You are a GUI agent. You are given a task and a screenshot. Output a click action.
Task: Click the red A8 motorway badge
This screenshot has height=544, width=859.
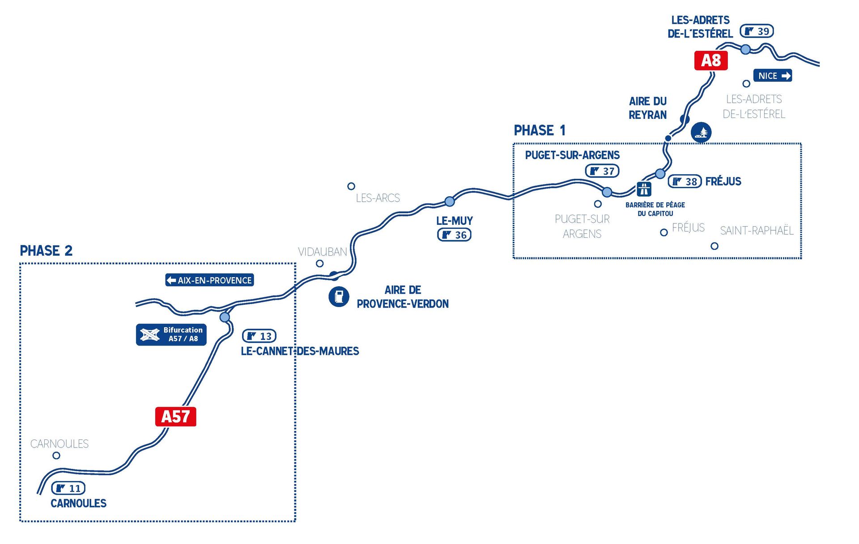pyautogui.click(x=711, y=61)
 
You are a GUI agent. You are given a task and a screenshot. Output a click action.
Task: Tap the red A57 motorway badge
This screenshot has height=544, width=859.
pyautogui.click(x=175, y=417)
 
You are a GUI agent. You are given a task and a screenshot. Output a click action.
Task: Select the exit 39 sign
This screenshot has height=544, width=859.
pyautogui.click(x=757, y=31)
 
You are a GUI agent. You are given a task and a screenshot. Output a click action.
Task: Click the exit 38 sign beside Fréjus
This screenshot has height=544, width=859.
pyautogui.click(x=685, y=181)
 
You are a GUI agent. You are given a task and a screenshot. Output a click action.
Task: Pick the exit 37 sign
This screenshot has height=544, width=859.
pyautogui.click(x=602, y=171)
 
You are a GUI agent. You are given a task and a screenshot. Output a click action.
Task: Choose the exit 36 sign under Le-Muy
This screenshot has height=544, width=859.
pyautogui.click(x=454, y=235)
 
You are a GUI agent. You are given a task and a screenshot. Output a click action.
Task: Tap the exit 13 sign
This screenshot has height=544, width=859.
pyautogui.click(x=259, y=336)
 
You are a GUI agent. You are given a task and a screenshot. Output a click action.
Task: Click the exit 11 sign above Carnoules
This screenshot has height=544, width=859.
pyautogui.click(x=68, y=488)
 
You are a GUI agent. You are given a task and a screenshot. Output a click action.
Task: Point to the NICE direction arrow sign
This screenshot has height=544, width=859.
pyautogui.click(x=773, y=76)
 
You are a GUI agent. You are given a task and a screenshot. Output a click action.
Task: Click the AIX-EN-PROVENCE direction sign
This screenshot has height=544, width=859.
pyautogui.click(x=209, y=280)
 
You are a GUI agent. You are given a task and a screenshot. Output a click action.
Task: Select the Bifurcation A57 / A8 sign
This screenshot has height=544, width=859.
pyautogui.click(x=171, y=334)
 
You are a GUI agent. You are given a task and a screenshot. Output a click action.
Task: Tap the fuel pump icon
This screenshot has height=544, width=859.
pyautogui.click(x=339, y=297)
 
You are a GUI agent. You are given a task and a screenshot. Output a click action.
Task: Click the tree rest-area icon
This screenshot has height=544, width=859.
pyautogui.click(x=701, y=132)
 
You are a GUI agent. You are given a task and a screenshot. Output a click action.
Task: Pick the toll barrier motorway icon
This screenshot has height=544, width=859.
pyautogui.click(x=644, y=189)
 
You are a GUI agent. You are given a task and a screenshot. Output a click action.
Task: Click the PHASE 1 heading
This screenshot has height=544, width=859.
pyautogui.click(x=540, y=131)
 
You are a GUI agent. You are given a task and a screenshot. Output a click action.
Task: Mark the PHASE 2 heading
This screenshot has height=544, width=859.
pyautogui.click(x=46, y=251)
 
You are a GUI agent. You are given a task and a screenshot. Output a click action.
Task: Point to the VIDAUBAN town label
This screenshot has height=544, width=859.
pyautogui.click(x=323, y=252)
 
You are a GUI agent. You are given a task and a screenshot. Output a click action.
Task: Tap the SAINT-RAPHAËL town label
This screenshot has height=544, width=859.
pyautogui.click(x=757, y=231)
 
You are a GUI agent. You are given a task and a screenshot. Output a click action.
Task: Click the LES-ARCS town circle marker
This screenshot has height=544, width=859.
pyautogui.click(x=351, y=186)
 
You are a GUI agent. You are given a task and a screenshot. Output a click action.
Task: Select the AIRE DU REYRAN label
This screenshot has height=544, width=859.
pyautogui.click(x=648, y=108)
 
